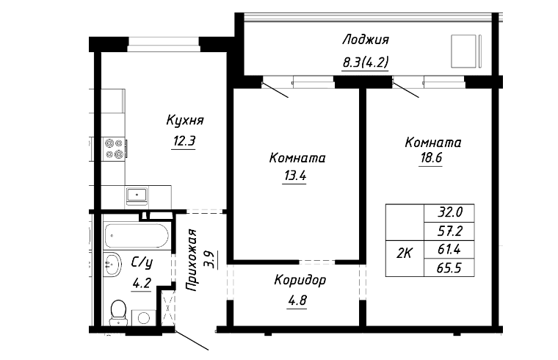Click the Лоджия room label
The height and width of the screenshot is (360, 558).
click(364, 40)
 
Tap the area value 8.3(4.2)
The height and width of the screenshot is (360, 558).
click(365, 62)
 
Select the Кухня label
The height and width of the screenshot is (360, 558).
click(184, 120)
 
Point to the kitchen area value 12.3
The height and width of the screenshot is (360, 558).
click(184, 142)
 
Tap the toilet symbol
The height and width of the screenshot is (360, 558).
click(116, 313)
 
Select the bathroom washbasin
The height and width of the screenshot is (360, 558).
click(112, 263)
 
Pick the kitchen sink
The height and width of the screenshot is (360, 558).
click(137, 195)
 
